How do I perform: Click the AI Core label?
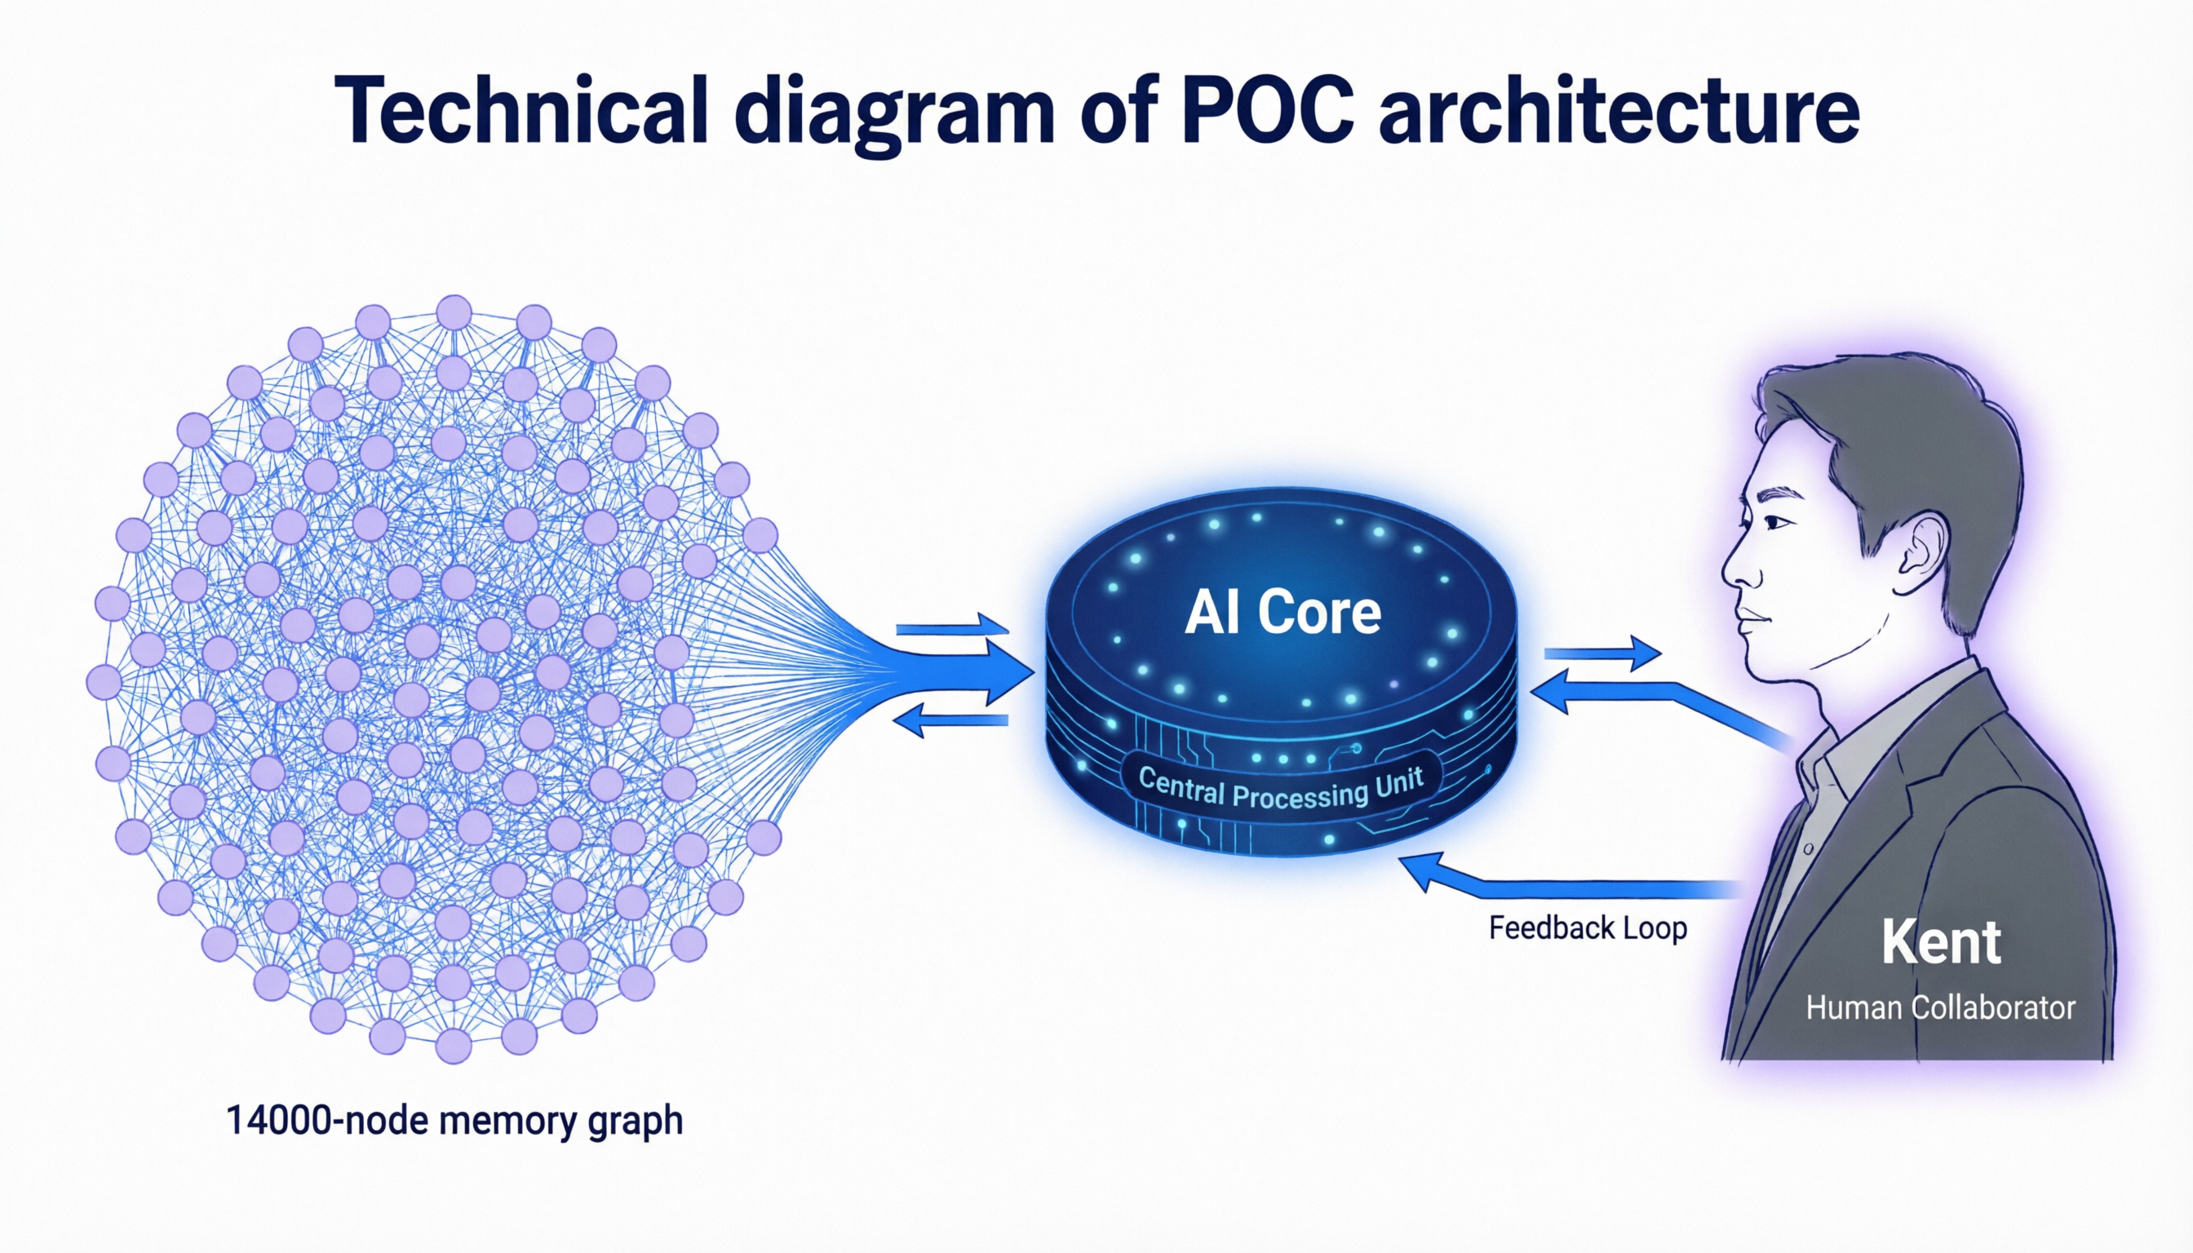pyautogui.click(x=1283, y=613)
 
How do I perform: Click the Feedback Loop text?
pyautogui.click(x=1588, y=928)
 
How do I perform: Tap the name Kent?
pyautogui.click(x=1941, y=943)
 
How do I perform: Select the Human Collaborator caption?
pyautogui.click(x=1941, y=1007)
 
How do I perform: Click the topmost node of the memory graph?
pyautogui.click(x=454, y=312)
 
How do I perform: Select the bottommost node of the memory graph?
pyautogui.click(x=454, y=1047)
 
